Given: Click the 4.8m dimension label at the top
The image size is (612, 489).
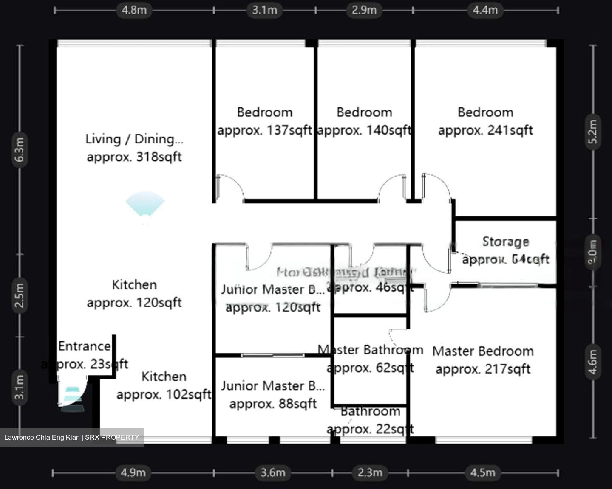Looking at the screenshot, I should pos(134,10).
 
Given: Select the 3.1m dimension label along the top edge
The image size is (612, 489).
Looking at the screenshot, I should pos(264,10).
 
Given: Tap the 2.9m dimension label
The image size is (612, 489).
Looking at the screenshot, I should pos(364,10).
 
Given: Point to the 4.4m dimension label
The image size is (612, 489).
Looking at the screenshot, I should pos(485,10).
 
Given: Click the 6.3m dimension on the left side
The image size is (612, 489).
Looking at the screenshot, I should pos(20,149).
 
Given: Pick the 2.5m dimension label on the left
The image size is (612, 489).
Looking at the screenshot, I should pos(20,295).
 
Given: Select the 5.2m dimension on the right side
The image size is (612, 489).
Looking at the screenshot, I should pos(593,132).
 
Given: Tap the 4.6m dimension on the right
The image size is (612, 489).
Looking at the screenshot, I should pos(593,362).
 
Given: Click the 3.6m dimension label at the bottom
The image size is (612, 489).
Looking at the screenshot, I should pos(272,472).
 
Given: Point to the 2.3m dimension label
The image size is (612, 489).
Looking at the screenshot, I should pos(370,472).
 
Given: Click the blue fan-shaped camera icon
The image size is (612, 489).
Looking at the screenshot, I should pos(145,205).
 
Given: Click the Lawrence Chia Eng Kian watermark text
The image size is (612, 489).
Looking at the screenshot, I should pos(71,437).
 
